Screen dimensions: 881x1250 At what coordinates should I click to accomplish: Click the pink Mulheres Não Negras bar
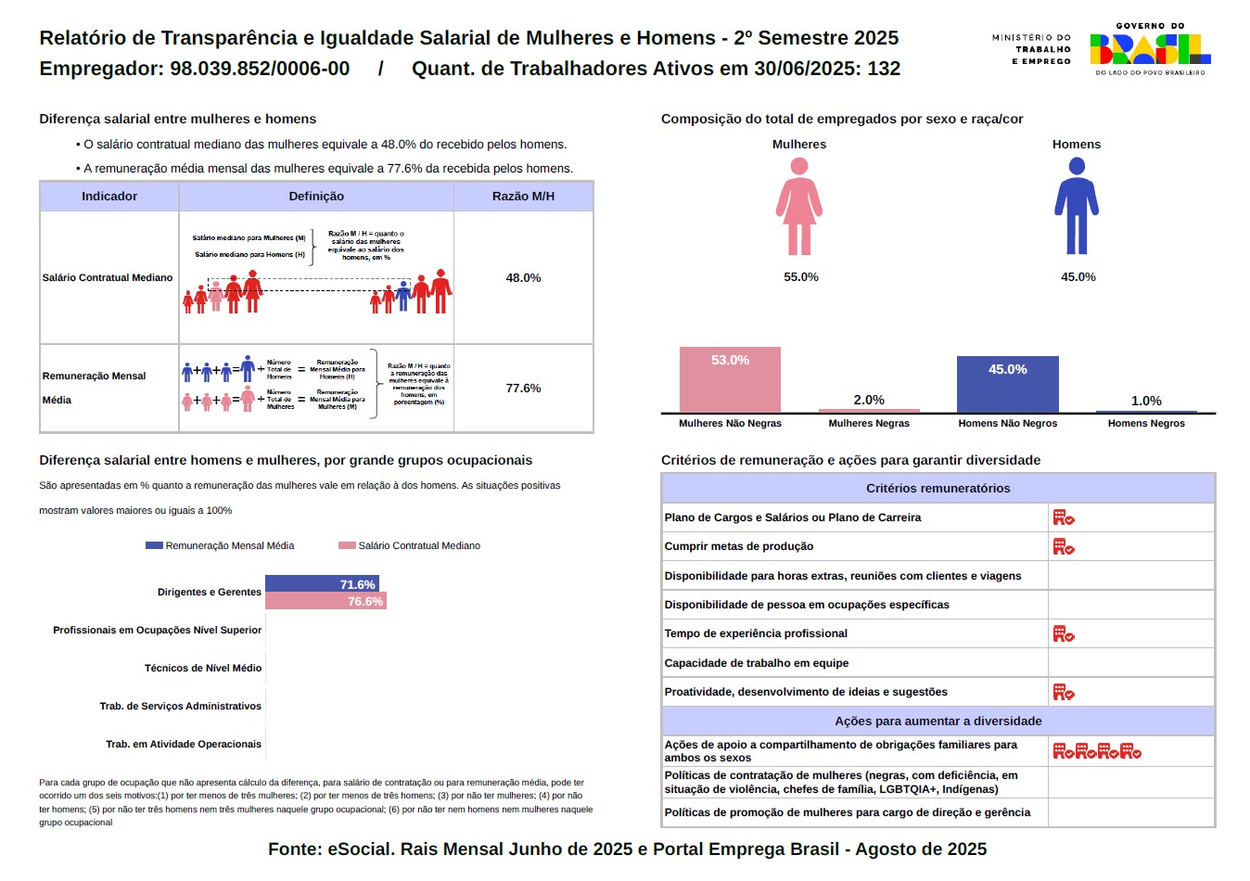click(730, 380)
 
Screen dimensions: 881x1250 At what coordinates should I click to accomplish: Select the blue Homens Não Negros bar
click(1007, 385)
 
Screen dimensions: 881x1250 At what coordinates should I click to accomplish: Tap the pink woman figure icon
click(799, 206)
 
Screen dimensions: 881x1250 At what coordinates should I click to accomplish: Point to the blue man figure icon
click(1077, 206)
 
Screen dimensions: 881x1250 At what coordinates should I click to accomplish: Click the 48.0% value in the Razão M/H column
click(523, 278)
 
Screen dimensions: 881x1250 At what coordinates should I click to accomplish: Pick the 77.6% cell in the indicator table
click(523, 389)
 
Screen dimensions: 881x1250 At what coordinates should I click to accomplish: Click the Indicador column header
click(109, 197)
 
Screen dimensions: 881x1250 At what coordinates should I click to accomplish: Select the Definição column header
click(316, 197)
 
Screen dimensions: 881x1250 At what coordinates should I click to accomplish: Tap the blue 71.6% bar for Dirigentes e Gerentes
click(322, 584)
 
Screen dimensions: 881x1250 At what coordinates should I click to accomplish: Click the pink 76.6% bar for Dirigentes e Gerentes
click(325, 602)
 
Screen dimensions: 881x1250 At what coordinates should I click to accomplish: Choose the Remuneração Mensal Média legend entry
click(220, 545)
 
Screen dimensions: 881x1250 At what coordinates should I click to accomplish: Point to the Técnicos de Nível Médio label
click(202, 668)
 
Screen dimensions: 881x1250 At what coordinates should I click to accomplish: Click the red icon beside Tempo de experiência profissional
click(1063, 634)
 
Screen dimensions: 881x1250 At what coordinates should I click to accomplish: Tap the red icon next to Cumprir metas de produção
click(1063, 547)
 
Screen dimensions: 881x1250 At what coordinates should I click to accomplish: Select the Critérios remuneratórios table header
click(937, 489)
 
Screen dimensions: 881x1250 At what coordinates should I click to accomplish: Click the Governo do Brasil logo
click(1150, 50)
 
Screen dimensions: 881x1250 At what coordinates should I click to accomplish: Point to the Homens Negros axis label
click(1146, 423)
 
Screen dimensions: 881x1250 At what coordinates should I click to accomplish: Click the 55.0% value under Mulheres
click(801, 277)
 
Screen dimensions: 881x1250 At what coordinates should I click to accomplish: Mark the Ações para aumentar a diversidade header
click(937, 721)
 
